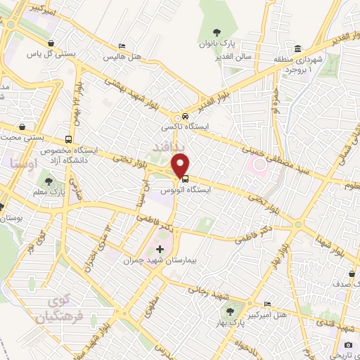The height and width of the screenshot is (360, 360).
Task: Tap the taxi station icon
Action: (x=184, y=116)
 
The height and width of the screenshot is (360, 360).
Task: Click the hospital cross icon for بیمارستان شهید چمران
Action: (x=160, y=249)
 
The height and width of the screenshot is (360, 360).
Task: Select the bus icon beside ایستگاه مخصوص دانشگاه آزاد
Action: (x=68, y=139)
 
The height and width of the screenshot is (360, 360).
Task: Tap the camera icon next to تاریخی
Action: (x=348, y=345)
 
